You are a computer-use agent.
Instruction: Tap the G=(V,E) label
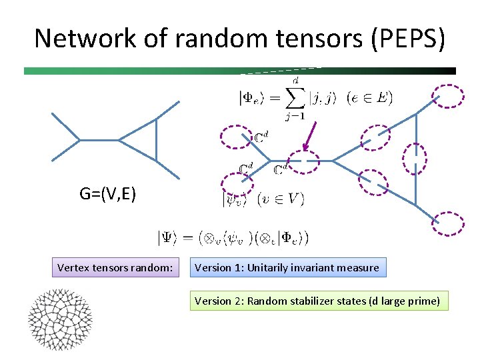coord(108,194)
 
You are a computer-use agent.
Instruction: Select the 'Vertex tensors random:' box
coord(115,268)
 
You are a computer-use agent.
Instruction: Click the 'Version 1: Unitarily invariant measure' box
coord(287,268)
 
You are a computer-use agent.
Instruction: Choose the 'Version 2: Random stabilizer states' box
coord(317,301)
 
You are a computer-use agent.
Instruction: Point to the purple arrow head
coord(305,149)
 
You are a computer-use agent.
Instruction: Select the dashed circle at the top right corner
coord(449,96)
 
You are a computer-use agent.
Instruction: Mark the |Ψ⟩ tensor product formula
coord(233,237)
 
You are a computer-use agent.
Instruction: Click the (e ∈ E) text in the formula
coord(370,98)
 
